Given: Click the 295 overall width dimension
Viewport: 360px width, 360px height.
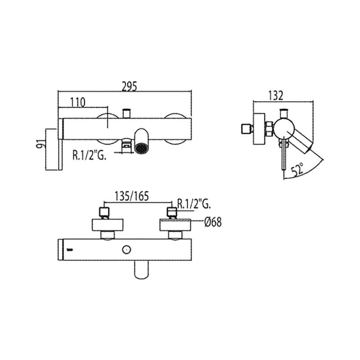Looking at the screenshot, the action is pyautogui.click(x=129, y=86).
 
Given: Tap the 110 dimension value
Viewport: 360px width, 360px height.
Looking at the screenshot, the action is pyautogui.click(x=77, y=103).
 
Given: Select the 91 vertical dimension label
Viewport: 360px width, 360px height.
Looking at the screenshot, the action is pyautogui.click(x=40, y=144).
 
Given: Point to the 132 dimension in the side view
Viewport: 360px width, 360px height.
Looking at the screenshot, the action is pyautogui.click(x=275, y=95).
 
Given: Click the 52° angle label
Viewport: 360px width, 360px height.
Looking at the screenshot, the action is pyautogui.click(x=298, y=169).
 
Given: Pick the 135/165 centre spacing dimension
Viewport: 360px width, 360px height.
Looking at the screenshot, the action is pyautogui.click(x=131, y=196).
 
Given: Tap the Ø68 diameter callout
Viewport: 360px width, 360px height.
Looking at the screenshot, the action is pyautogui.click(x=213, y=222).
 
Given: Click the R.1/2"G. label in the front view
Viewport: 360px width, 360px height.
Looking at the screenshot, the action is pyautogui.click(x=89, y=155).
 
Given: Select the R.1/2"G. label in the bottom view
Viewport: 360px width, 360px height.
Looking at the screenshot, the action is pyautogui.click(x=194, y=203).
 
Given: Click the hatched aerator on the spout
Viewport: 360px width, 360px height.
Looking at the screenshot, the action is pyautogui.click(x=141, y=148).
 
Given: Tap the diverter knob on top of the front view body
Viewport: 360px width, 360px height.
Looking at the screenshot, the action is pyautogui.click(x=126, y=113).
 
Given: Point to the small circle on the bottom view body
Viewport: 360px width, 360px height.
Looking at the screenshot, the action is pyautogui.click(x=126, y=250).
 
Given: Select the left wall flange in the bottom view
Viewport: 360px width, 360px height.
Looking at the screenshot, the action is pyautogui.click(x=108, y=225).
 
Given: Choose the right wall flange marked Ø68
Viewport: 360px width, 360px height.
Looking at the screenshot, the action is pyautogui.click(x=175, y=225).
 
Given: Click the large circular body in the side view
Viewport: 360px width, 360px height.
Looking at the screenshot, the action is pyautogui.click(x=284, y=129).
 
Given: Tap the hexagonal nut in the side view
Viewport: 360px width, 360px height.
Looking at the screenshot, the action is pyautogui.click(x=269, y=129).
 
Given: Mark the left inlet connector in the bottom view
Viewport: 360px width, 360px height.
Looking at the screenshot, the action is pyautogui.click(x=104, y=213).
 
